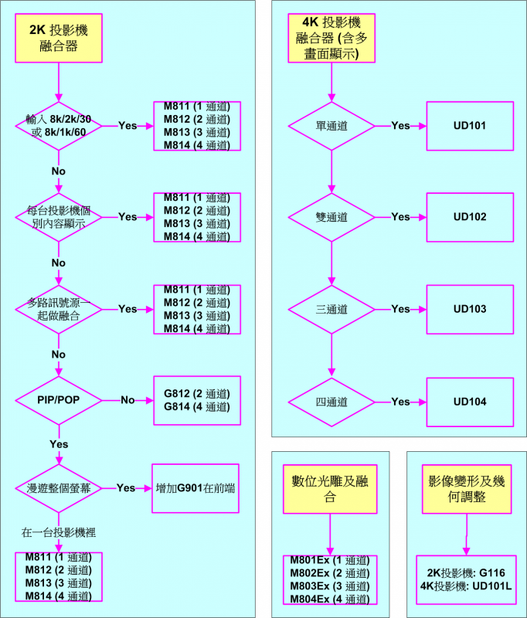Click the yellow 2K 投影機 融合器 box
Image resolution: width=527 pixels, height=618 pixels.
(x=59, y=38)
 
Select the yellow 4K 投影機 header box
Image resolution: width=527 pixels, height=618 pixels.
(x=331, y=38)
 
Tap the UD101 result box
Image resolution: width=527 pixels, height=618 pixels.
(x=470, y=126)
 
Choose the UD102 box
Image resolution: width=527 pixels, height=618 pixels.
(x=470, y=217)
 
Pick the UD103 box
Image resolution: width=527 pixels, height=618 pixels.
(x=470, y=310)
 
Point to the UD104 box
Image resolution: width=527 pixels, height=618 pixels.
(x=470, y=402)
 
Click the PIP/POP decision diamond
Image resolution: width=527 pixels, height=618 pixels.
(x=59, y=400)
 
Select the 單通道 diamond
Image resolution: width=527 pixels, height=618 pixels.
(x=331, y=126)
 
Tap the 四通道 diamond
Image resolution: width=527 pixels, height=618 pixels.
(x=331, y=402)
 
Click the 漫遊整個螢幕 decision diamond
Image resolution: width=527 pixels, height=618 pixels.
(x=59, y=488)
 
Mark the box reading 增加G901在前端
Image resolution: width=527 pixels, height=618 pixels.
(x=195, y=488)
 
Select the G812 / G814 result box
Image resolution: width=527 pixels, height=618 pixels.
(x=197, y=400)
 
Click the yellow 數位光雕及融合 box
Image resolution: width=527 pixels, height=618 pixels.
(x=330, y=489)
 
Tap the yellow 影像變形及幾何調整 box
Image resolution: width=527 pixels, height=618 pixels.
(x=467, y=489)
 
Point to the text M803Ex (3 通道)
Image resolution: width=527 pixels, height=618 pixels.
(x=330, y=586)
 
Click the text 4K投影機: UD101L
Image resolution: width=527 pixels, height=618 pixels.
(x=466, y=586)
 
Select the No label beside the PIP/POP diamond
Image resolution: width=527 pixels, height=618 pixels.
(x=127, y=400)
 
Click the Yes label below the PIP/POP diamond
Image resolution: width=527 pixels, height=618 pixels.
(x=59, y=444)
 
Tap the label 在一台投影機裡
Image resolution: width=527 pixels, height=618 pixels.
(x=59, y=533)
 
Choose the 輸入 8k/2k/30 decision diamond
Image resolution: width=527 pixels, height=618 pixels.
(x=59, y=126)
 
